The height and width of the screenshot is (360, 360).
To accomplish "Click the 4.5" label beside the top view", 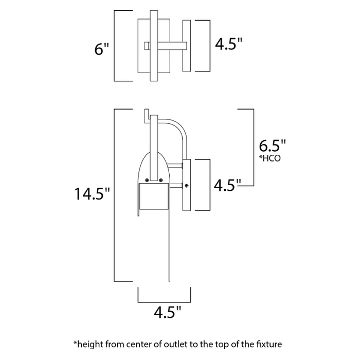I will coord(228,45).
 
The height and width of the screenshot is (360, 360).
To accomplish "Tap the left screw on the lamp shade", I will coord(148,179).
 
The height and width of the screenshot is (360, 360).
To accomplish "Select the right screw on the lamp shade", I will coord(161,179).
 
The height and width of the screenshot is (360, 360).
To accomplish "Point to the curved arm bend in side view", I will coord(180,127).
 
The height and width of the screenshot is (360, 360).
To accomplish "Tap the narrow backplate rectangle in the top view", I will coord(187,46).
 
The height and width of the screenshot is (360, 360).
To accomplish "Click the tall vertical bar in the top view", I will coord(154,46).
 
